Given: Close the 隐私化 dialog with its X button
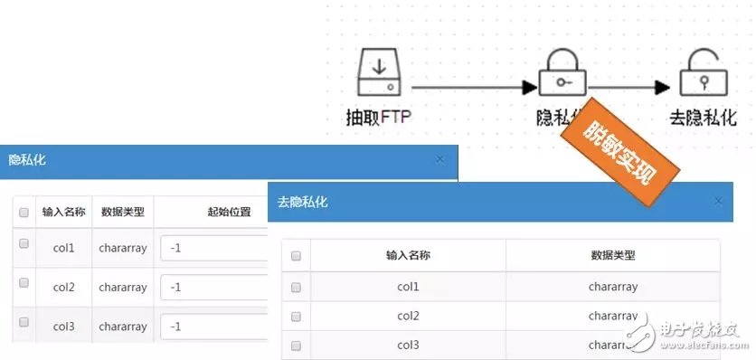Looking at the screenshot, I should pyautogui.click(x=439, y=159).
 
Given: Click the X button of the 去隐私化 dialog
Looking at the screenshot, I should pyautogui.click(x=718, y=201).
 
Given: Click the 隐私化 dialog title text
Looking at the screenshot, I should pyautogui.click(x=27, y=160).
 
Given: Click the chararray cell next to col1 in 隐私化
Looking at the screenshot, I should pyautogui.click(x=122, y=247).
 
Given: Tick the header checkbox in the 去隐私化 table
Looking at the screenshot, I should pyautogui.click(x=296, y=256).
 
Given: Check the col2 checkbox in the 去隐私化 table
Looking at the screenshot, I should pyautogui.click(x=296, y=316).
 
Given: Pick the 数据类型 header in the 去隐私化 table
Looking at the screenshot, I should pyautogui.click(x=613, y=256).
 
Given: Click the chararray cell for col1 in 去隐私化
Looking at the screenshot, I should pyautogui.click(x=613, y=287).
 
